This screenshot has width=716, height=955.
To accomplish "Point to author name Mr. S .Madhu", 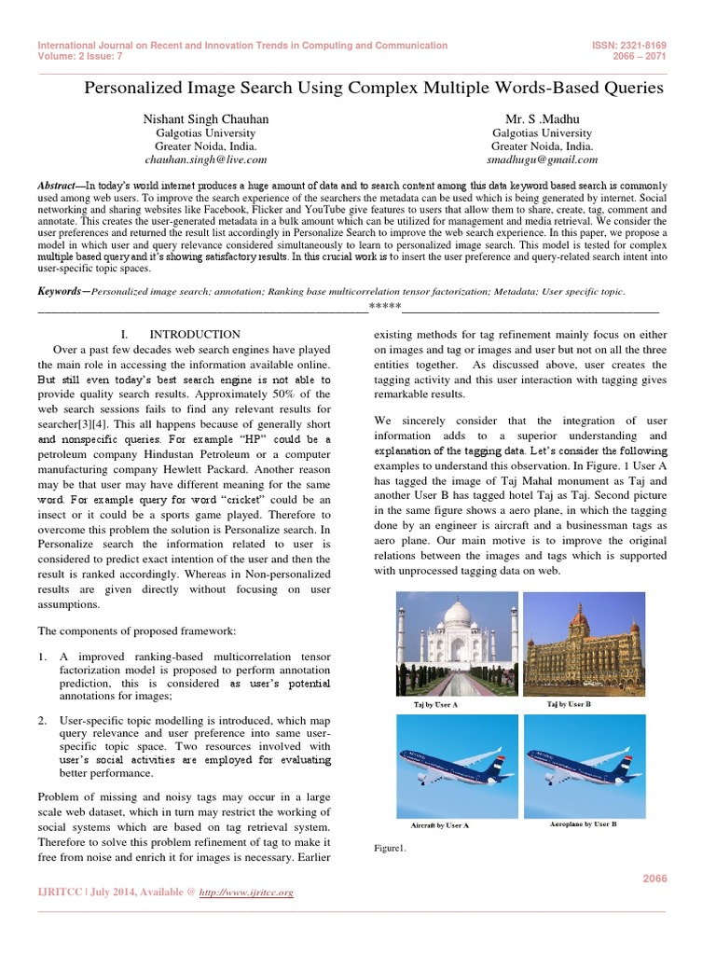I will coord(529,120).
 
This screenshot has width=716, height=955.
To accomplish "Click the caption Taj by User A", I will coord(436,705).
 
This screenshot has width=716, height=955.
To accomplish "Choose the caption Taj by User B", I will coord(569,704).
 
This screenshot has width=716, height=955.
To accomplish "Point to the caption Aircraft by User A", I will coord(439,825).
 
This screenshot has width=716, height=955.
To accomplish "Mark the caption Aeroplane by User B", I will coord(577,824).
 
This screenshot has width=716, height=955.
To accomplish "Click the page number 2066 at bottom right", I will coord(655,879).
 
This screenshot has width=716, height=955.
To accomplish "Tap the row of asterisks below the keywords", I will coord(385,307).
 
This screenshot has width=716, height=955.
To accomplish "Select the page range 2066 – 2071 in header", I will coord(642,56).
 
